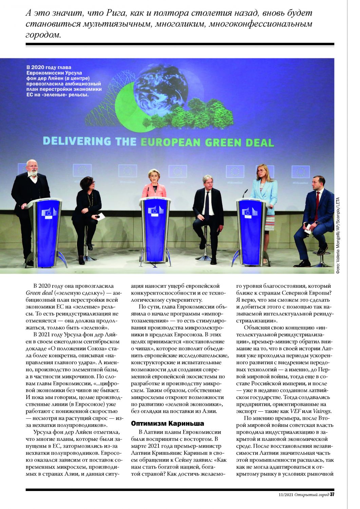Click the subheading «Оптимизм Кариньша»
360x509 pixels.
click(x=167, y=423)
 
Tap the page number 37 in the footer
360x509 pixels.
click(x=332, y=494)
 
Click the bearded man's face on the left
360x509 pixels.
click(x=33, y=169)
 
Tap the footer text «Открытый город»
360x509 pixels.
click(x=311, y=494)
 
